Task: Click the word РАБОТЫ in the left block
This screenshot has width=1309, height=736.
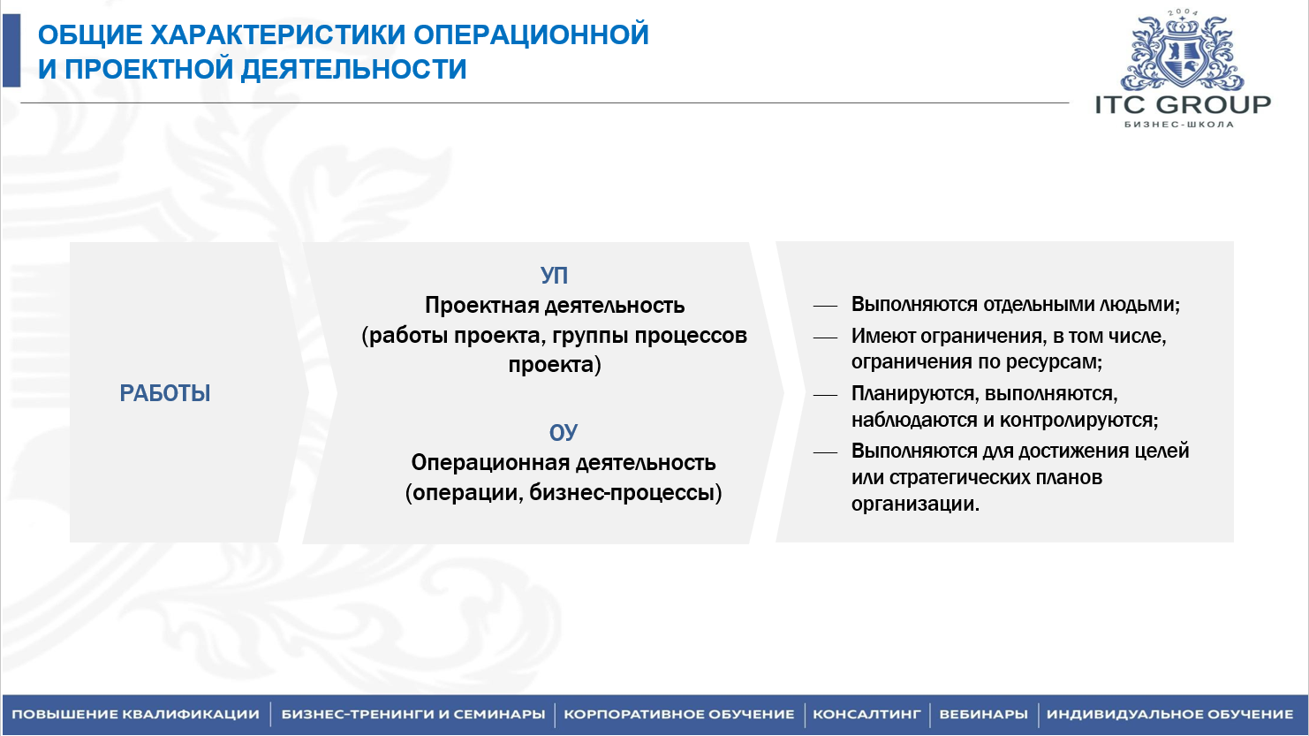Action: (x=165, y=393)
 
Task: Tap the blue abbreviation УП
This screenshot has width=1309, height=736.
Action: (x=554, y=276)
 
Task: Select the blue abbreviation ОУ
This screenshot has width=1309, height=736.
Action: (x=564, y=433)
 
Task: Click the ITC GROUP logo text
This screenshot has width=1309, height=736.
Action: (x=1183, y=104)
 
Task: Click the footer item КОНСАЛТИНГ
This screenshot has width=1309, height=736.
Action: (x=866, y=715)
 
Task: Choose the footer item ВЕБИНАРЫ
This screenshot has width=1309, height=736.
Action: (x=983, y=715)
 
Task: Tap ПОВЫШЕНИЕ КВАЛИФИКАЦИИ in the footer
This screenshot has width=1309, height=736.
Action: (x=135, y=715)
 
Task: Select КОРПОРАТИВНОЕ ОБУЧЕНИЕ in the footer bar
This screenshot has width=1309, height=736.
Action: (x=679, y=715)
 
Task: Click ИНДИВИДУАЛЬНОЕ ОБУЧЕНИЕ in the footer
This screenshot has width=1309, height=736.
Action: (x=1170, y=715)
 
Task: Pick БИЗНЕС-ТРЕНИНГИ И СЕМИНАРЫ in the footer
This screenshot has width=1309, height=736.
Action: (x=413, y=715)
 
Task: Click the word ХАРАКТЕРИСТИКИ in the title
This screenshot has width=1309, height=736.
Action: (x=278, y=34)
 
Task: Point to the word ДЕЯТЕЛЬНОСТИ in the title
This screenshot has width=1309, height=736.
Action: (x=353, y=69)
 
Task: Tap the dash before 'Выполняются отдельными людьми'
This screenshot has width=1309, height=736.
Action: (x=825, y=306)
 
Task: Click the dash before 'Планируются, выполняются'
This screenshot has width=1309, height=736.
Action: (x=825, y=395)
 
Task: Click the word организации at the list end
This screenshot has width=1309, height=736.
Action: (x=915, y=504)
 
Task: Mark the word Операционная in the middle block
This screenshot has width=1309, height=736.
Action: (x=490, y=463)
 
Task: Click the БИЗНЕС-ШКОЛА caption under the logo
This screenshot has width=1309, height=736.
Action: (x=1179, y=125)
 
